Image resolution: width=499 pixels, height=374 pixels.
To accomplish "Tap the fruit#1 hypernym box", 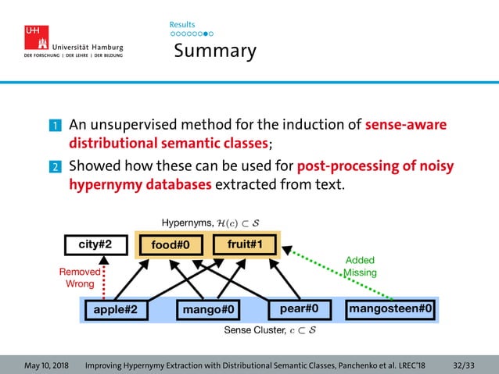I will (x=244, y=244).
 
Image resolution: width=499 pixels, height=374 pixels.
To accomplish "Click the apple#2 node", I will (x=115, y=310).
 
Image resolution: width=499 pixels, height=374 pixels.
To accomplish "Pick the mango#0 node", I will (x=209, y=310).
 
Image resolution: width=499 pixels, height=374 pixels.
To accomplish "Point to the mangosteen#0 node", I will (x=391, y=309).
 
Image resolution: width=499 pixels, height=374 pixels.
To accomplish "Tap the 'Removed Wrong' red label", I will (x=80, y=277).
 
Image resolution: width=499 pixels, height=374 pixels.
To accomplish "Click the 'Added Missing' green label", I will (x=359, y=266).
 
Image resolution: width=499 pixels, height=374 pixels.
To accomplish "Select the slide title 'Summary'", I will (x=214, y=52).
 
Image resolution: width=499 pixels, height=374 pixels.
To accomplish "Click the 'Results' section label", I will (x=181, y=25).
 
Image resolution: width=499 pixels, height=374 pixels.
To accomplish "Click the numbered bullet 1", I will (x=56, y=126).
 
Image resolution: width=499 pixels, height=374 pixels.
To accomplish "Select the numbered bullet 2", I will (x=56, y=167).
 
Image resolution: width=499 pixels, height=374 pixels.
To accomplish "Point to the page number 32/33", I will (x=463, y=365).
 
